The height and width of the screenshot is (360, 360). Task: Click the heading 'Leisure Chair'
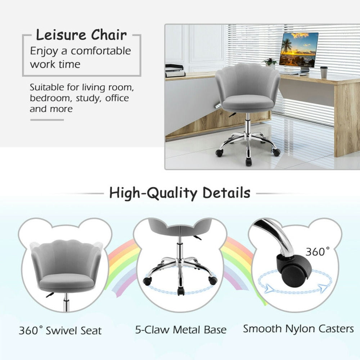pyautogui.click(x=81, y=35)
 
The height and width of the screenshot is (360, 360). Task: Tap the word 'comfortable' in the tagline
pyautogui.click(x=101, y=51)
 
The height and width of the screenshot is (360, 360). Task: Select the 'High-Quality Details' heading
pyautogui.click(x=180, y=193)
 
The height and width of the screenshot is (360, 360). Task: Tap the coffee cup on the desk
pyautogui.click(x=324, y=72)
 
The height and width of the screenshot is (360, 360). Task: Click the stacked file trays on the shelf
pyautogui.click(x=175, y=71)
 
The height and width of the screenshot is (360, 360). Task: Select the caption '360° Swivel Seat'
pyautogui.click(x=60, y=330)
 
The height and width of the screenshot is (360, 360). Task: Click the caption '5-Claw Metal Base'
pyautogui.click(x=181, y=330)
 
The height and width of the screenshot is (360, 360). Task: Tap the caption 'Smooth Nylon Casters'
pyautogui.click(x=298, y=328)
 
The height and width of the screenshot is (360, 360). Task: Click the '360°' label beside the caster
pyautogui.click(x=317, y=252)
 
